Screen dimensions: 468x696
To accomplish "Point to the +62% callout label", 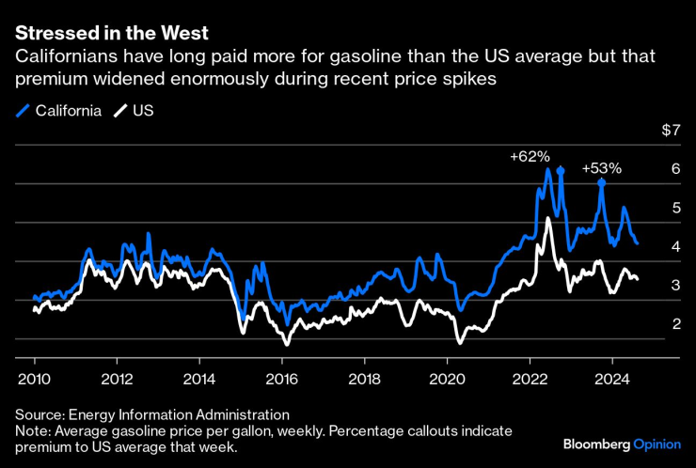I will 530,157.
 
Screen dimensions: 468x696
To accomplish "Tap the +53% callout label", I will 602,168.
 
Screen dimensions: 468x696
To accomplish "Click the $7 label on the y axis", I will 670,130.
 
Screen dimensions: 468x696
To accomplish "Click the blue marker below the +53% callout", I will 602,182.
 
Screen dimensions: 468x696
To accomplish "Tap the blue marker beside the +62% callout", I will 560,170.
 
